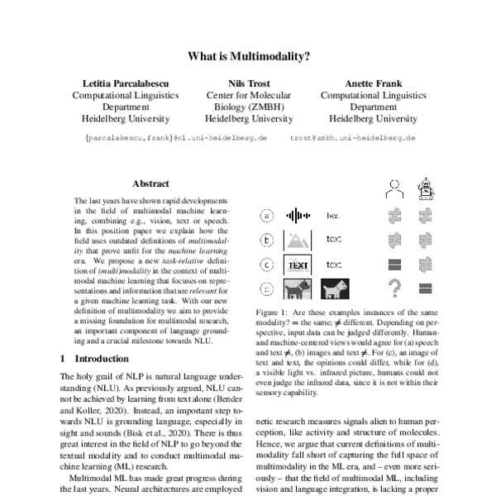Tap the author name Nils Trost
[249, 83]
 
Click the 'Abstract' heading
[150, 184]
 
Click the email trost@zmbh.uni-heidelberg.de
[352, 138]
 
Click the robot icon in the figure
[426, 188]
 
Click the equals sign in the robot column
[426, 289]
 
